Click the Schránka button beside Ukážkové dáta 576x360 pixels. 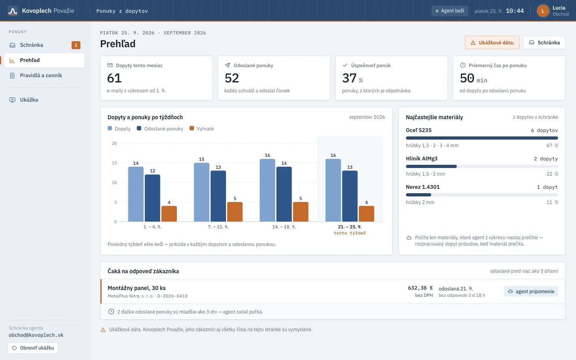coord(544,42)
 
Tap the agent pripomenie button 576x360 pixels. coord(531,291)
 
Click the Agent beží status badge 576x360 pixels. coord(450,11)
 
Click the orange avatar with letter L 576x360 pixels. coord(543,11)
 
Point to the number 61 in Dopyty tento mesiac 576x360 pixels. coord(114,78)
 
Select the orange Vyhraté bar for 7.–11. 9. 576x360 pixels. coord(235,212)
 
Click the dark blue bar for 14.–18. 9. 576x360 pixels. coord(284,194)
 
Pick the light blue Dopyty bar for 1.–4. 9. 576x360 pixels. coord(136,194)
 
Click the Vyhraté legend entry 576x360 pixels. coord(202,128)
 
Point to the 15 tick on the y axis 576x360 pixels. coord(114,163)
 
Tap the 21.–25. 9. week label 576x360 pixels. coord(350,227)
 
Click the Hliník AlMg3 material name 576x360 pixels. coord(422,158)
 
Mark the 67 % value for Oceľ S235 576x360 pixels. coord(552,146)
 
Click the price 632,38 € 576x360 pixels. coord(420,288)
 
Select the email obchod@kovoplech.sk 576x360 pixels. coord(36,335)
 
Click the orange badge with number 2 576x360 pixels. coord(76,45)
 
